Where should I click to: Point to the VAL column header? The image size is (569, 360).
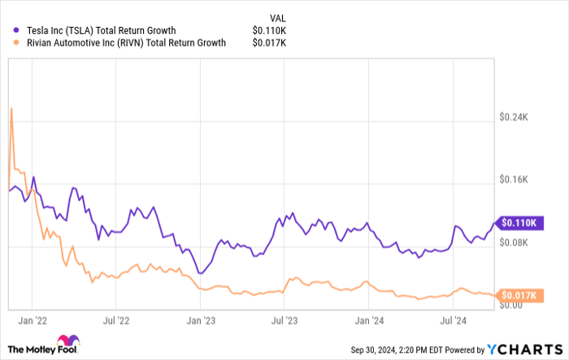pos(279,16)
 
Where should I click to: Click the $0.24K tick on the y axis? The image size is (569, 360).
pos(514,117)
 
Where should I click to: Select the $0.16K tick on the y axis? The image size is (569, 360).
pos(514,180)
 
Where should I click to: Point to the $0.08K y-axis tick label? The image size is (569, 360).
pos(514,242)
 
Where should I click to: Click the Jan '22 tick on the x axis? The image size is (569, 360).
pos(32,320)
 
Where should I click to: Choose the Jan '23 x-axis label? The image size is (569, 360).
pos(201,320)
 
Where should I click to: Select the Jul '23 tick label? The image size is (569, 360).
pos(285,320)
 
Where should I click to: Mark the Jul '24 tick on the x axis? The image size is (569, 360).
pos(453,320)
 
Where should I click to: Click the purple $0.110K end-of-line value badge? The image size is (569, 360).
pos(518,222)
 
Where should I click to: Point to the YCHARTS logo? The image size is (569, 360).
pos(526,349)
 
